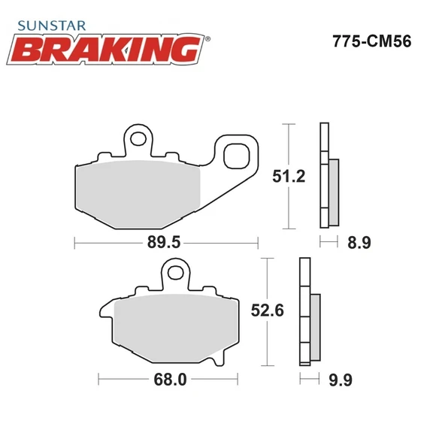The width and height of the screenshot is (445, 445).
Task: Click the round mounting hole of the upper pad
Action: [137, 138]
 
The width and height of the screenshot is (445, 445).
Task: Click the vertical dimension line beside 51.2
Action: [289, 177]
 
